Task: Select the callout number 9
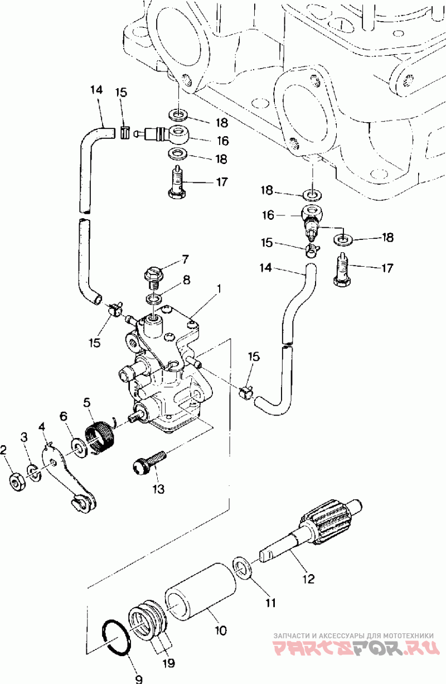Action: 139,679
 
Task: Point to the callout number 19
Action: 169,663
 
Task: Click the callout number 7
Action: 185,259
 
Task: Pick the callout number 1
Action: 219,288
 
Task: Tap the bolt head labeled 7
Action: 154,272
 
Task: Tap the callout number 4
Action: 42,427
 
